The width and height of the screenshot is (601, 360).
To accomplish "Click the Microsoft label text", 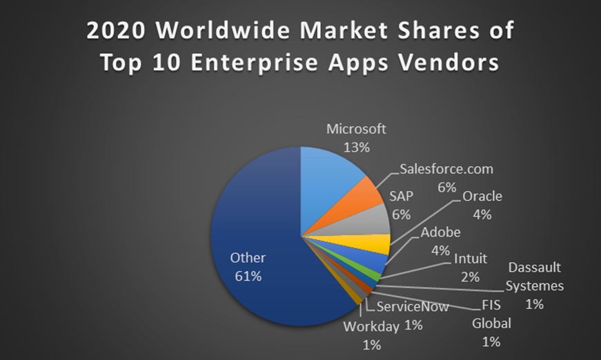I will pos(356,129).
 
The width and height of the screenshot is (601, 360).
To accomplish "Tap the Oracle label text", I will pos(482,197).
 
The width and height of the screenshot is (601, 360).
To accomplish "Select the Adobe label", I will pos(440,232).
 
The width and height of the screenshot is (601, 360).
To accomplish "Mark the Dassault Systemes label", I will pos(535,276).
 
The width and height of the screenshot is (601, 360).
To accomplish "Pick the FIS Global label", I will pos(491,314).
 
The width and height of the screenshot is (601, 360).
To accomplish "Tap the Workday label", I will pos(371,327).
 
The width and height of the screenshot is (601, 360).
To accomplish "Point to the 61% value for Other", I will pos(248,276).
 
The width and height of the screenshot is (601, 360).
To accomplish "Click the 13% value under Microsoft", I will pos(357,147).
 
